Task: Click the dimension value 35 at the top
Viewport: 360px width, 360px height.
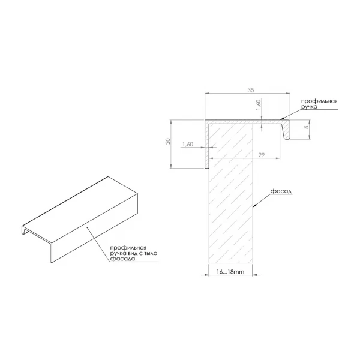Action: [251, 90]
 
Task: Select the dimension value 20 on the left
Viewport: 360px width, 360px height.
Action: [168, 141]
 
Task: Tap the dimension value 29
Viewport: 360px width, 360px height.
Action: [262, 155]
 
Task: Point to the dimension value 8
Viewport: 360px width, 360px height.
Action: [307, 127]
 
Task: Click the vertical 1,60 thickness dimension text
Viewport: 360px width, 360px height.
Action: [258, 105]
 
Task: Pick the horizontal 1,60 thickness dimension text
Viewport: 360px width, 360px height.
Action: [188, 144]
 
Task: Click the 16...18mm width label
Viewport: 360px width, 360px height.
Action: [230, 272]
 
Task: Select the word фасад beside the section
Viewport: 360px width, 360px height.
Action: [281, 191]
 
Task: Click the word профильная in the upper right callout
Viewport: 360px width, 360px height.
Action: [319, 101]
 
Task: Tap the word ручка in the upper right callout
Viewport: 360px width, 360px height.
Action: [309, 107]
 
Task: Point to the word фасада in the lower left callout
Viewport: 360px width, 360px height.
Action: [122, 259]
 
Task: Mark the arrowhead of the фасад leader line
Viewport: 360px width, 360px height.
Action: [254, 205]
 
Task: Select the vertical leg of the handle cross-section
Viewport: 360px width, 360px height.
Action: [206, 144]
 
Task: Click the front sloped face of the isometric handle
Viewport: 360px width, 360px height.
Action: [95, 228]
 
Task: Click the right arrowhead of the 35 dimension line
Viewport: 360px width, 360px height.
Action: [288, 93]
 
